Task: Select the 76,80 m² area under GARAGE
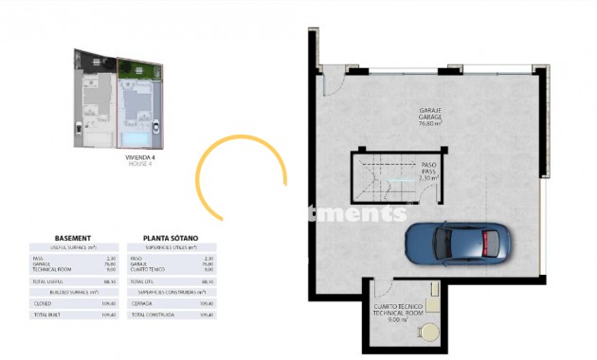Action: point(433,123)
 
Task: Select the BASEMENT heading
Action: point(73,238)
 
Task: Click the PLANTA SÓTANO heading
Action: point(171,238)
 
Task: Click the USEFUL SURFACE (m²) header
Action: point(73,247)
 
